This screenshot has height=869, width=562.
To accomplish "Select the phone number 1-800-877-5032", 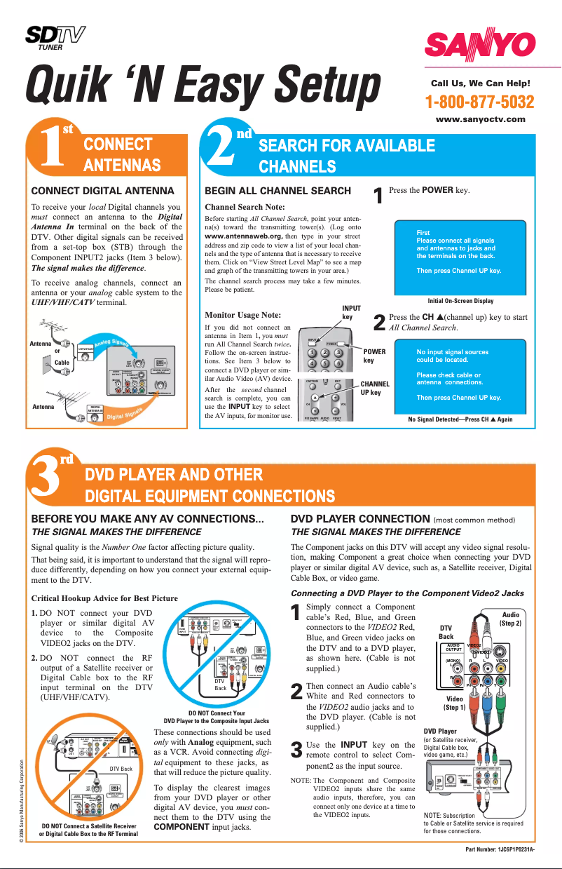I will click(x=480, y=102).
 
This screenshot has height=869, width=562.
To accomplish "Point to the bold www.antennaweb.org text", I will click(x=243, y=237).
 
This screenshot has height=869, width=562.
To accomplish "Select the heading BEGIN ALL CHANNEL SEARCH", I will click(x=277, y=191).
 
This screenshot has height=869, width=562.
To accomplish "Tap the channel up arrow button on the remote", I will click(x=315, y=397).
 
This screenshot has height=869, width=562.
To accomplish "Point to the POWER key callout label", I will click(x=373, y=355).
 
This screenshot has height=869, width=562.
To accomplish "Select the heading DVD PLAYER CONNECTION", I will click(x=360, y=520).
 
